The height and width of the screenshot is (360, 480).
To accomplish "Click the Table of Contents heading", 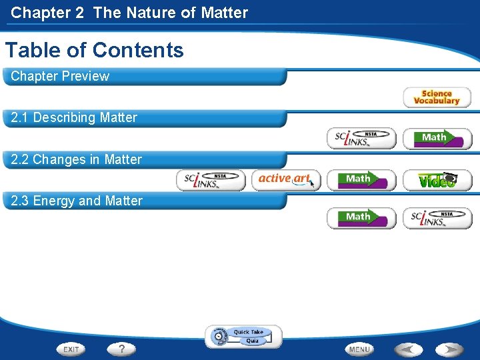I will coord(95,50).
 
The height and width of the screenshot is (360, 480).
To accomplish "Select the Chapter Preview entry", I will coord(60,76).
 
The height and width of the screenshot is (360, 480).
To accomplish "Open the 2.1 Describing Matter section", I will coord(74,118).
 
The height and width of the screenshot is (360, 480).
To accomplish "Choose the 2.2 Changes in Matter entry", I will coord(77,159).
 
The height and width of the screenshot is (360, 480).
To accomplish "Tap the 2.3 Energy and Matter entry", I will coord(77,201).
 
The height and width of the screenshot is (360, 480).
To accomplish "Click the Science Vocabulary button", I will coord(437,97).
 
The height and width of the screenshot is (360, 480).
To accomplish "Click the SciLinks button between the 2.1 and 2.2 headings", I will coord(361,138).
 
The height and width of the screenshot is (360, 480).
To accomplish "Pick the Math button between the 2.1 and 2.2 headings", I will coord(437,138).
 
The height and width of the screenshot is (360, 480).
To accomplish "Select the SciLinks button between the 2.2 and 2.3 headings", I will coord(211,180).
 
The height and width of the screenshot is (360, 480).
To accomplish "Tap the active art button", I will coord(286,179).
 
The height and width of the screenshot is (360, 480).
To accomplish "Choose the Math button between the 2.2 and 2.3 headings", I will coord(361,180).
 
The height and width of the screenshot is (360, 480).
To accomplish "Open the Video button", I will coord(437,180).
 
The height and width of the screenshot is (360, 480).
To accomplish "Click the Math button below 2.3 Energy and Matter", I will coord(361,218).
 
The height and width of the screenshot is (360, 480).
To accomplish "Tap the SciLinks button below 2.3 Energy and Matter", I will coord(437,218).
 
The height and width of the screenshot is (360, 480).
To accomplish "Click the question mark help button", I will coord(122,349).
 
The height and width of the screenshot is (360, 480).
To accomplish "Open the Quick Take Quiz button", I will coord(243,337).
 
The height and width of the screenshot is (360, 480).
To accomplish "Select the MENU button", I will coord(359,349).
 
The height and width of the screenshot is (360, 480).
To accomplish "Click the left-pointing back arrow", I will coord(408,349).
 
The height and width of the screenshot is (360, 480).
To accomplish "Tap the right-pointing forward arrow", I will coord(449,349).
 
